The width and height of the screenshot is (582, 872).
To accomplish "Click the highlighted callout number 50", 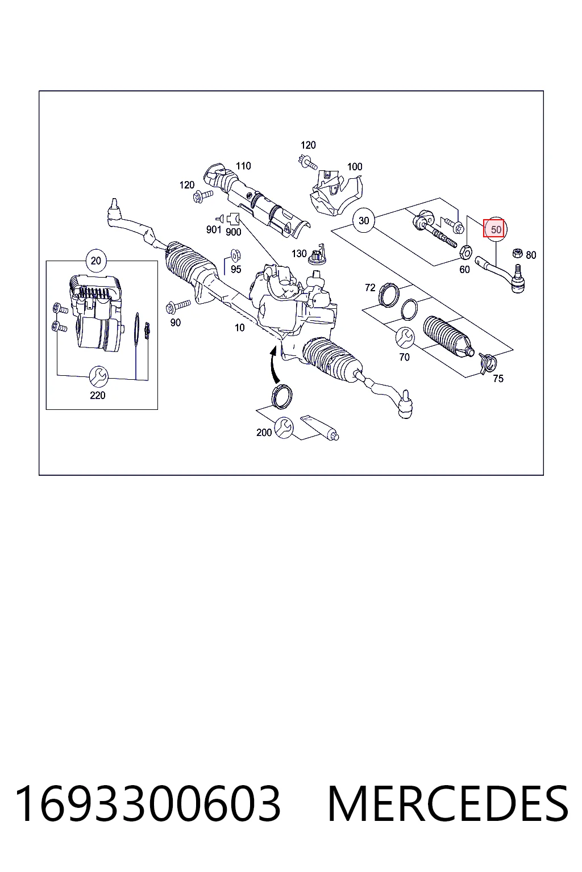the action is pyautogui.click(x=493, y=229).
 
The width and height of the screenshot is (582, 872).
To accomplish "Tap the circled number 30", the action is pyautogui.click(x=363, y=220).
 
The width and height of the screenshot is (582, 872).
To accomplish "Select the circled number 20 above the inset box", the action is pyautogui.click(x=96, y=261).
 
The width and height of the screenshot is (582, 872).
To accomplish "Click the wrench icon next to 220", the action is pyautogui.click(x=98, y=376).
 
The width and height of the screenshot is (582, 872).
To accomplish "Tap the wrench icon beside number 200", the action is pyautogui.click(x=284, y=427).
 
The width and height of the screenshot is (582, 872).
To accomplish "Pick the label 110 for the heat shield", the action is pyautogui.click(x=243, y=166).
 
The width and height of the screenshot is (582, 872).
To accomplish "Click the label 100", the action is pyautogui.click(x=355, y=166).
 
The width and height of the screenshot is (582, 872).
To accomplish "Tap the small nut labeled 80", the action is pyautogui.click(x=517, y=253).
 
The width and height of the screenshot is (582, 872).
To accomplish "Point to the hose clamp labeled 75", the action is pyautogui.click(x=487, y=362).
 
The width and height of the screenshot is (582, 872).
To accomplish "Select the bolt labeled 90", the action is pyautogui.click(x=178, y=307).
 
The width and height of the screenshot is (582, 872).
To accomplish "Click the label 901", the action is pyautogui.click(x=214, y=230).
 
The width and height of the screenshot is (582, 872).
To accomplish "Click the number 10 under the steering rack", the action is pyautogui.click(x=239, y=328).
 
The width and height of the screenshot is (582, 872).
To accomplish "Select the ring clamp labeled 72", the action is pyautogui.click(x=388, y=295).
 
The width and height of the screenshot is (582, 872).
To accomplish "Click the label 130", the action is pyautogui.click(x=299, y=254).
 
